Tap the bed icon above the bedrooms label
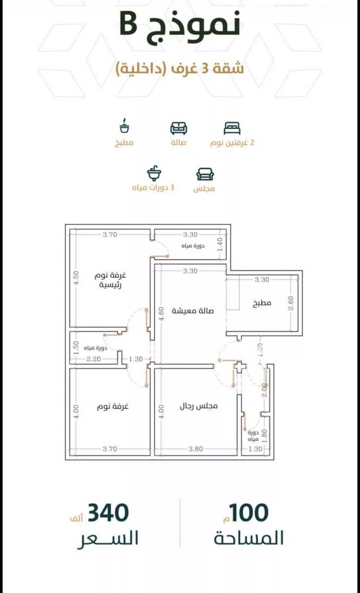[232, 128]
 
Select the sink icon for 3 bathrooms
[154, 174]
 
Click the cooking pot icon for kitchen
[124, 126]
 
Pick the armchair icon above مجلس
[205, 174]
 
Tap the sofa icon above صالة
[179, 128]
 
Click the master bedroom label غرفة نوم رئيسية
[111, 280]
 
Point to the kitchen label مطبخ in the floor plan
[262, 303]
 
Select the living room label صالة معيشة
[193, 310]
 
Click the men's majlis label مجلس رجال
[199, 406]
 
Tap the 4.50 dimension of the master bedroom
[76, 278]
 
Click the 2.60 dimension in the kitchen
[291, 303]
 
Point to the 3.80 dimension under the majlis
[195, 449]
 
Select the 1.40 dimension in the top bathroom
[220, 244]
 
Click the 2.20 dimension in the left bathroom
[93, 359]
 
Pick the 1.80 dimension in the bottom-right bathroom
[265, 435]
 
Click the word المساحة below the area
[249, 538]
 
